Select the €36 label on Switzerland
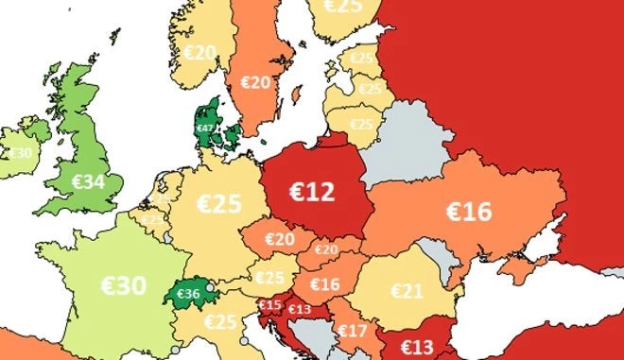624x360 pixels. coord(189,294)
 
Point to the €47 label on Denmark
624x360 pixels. coord(204,128)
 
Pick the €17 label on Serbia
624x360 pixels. coord(353,331)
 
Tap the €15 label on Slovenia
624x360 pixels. coord(270,305)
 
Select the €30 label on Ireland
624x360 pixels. coord(20,152)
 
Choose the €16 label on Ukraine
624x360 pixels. coord(468,211)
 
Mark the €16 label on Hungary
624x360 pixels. coord(324,284)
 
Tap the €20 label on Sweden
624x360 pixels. coord(256,82)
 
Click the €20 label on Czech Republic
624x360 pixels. coord(279,239)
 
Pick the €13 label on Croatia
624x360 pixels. coord(300,309)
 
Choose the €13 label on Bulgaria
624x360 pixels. coord(416,346)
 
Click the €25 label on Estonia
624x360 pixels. coord(361,59)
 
